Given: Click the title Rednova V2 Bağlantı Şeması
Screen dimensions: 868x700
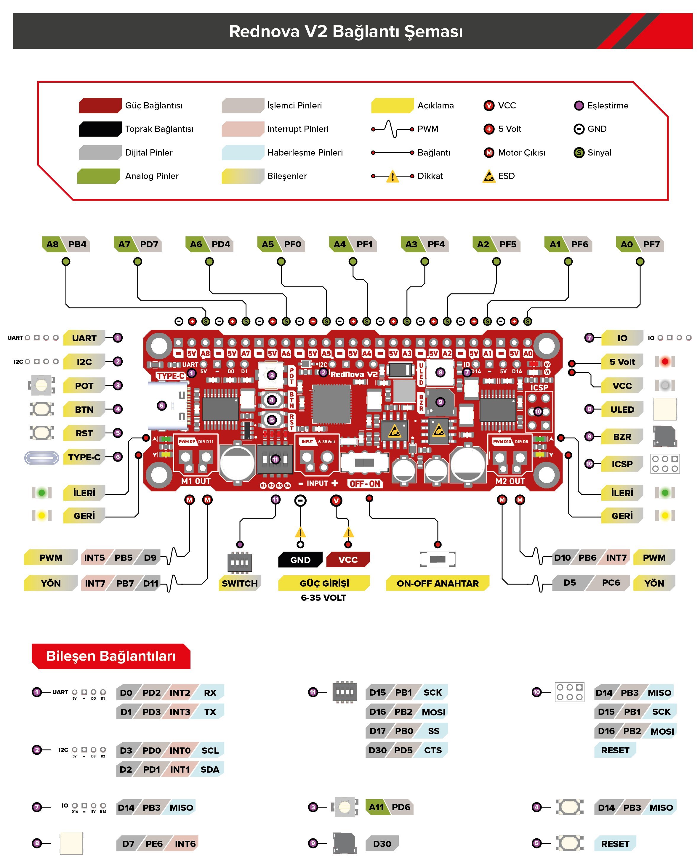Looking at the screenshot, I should [346, 31].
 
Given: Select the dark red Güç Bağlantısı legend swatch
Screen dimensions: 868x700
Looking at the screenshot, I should [100, 105].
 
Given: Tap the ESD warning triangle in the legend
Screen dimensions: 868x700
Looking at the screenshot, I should [489, 176].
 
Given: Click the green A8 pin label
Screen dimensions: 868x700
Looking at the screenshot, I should [52, 244].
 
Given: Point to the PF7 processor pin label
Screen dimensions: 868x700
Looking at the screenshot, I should [651, 244].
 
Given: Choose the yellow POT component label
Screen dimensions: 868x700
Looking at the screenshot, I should [84, 386].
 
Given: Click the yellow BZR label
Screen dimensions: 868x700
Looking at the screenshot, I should [622, 437].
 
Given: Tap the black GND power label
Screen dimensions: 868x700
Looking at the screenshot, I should [300, 560].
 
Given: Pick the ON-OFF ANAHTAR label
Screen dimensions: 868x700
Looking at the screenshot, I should [438, 583].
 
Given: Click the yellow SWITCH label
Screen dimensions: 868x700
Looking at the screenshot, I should [240, 583].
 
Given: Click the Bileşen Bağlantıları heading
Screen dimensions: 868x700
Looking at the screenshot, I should [111, 656].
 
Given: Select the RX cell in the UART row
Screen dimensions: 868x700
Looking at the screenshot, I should [210, 693].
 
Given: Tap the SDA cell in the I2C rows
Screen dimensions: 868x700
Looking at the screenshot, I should [210, 769].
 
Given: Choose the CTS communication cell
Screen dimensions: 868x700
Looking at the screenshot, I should [433, 750].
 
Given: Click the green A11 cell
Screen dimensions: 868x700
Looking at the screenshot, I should [377, 807].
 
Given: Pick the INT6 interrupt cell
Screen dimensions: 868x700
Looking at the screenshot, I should [185, 844].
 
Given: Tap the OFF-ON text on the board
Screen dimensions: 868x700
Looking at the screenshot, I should [365, 484].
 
